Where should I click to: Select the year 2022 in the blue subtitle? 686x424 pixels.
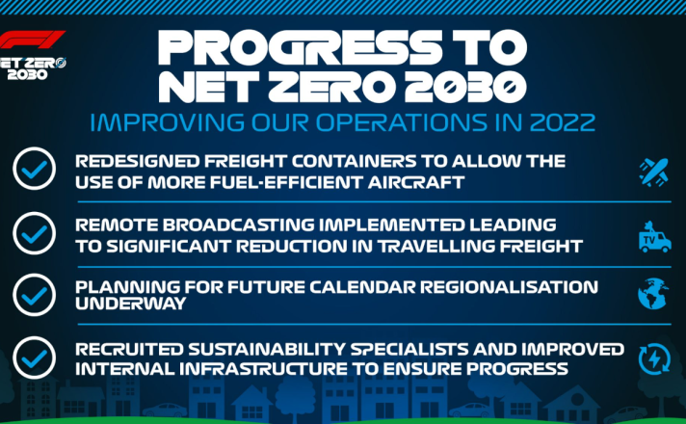pos(563,122)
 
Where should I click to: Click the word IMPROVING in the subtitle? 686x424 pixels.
pos(167,122)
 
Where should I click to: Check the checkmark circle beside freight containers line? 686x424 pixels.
pos(34,169)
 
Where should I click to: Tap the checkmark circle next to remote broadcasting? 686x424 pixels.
pos(34,233)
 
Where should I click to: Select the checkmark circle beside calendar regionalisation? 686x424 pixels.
pos(34,295)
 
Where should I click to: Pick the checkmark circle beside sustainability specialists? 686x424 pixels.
pos(34,358)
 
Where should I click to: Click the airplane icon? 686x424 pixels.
pos(653,172)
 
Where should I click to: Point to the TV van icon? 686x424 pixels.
pos(654,237)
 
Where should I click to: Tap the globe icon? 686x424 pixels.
pos(653,294)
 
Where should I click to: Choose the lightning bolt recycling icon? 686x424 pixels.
pos(654,359)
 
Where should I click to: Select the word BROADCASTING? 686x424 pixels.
pos(242,225)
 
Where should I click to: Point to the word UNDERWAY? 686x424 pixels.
pos(131,304)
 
